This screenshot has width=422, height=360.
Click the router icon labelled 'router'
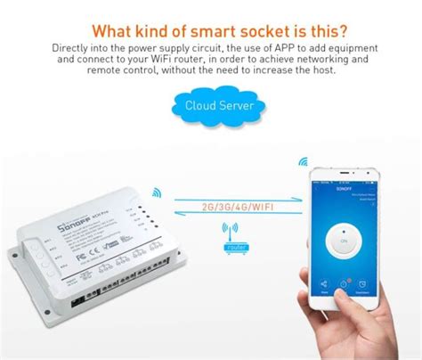(x=236, y=233)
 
